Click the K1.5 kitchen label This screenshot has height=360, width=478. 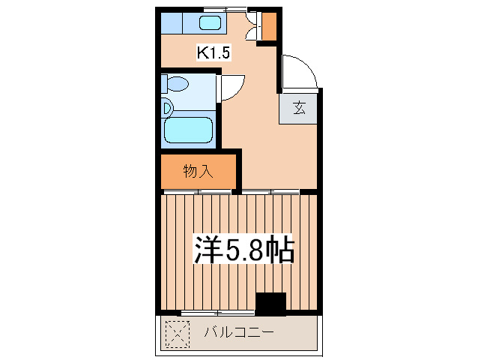click(x=214, y=52)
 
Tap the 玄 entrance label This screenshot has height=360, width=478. click(x=299, y=108)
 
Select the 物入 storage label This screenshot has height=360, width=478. click(x=199, y=171)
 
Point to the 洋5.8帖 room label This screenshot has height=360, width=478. click(x=243, y=250)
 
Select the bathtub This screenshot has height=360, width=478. click(x=190, y=130)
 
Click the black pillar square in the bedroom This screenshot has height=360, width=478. click(x=270, y=303)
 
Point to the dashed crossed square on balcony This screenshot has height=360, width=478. click(x=177, y=334)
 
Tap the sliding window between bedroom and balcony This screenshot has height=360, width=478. click(x=217, y=312)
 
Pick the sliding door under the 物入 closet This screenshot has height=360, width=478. click(x=198, y=192)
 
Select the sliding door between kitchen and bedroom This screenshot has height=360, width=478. click(x=273, y=192)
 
